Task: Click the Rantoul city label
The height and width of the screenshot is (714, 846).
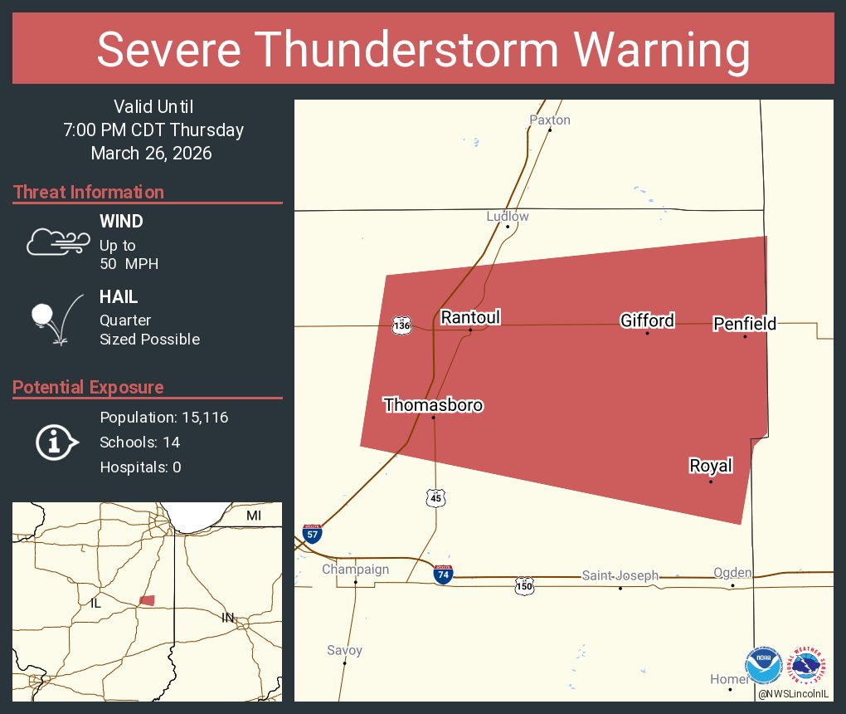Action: (470, 317)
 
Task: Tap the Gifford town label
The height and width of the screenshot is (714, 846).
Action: (647, 320)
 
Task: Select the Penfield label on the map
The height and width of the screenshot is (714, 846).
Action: (745, 324)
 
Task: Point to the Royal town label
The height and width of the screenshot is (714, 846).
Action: (711, 466)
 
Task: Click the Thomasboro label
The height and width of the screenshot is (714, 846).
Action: (433, 405)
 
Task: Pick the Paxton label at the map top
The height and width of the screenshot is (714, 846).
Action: (550, 120)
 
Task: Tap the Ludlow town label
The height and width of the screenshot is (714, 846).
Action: (508, 217)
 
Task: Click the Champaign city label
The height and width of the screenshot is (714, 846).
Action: (355, 570)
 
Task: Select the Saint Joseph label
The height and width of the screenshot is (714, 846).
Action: (620, 575)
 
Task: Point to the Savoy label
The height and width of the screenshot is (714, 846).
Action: (344, 651)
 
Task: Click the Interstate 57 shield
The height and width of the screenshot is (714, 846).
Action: (312, 533)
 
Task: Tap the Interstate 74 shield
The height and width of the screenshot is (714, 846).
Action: (444, 574)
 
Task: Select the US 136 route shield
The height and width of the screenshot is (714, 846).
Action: (402, 325)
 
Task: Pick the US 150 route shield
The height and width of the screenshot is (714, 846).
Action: (524, 585)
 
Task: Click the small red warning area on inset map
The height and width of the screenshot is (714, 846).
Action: (147, 600)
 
